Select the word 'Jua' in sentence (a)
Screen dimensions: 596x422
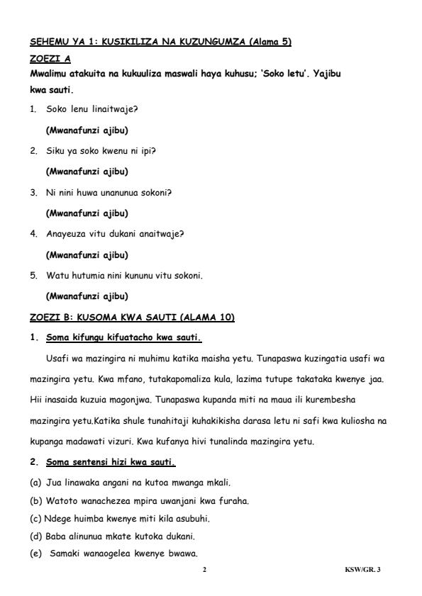point(53,483)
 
